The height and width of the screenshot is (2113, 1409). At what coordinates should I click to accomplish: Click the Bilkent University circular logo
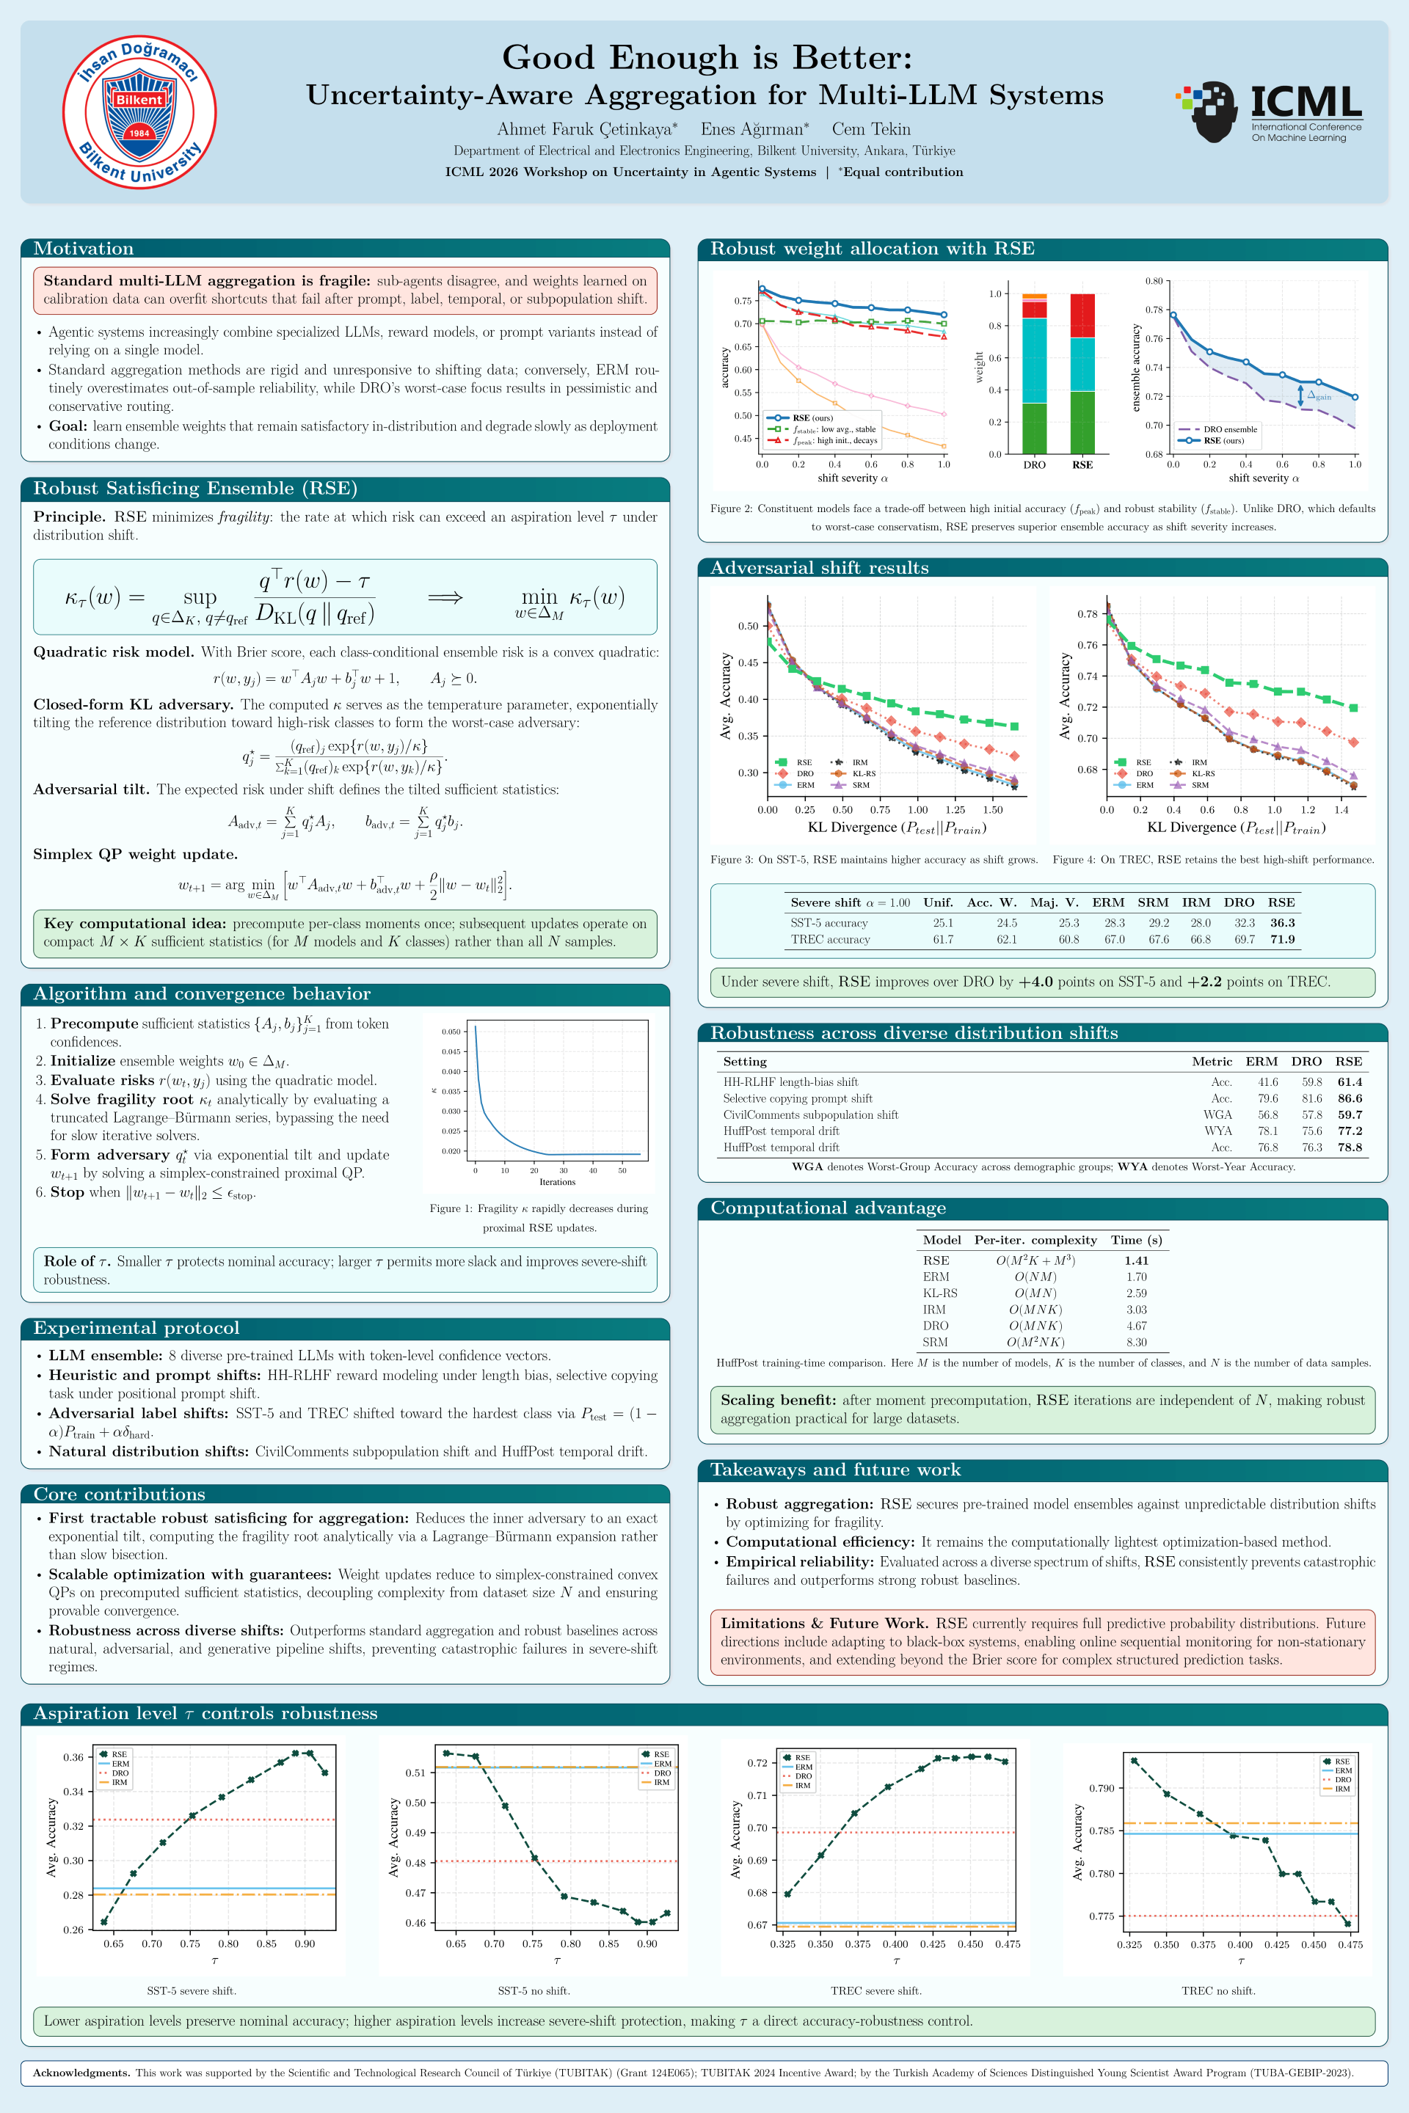click(139, 112)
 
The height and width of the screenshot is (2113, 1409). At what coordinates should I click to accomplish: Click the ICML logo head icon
click(1206, 112)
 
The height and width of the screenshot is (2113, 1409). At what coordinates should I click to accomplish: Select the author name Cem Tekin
click(871, 129)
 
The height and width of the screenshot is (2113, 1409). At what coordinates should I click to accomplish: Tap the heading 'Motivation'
click(84, 249)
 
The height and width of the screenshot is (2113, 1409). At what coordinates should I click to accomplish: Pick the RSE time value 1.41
click(1136, 1260)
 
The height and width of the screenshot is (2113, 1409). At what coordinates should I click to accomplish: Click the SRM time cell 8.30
click(1136, 1342)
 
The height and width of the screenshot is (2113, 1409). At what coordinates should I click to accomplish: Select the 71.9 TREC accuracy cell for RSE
click(1282, 940)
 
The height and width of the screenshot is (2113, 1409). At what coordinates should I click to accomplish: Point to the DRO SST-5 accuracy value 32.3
click(1244, 923)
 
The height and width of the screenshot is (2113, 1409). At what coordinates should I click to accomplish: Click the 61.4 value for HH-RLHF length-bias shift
click(1350, 1083)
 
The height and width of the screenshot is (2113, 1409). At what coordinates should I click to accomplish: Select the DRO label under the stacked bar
click(1034, 465)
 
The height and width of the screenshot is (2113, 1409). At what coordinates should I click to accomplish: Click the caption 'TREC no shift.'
click(1217, 1990)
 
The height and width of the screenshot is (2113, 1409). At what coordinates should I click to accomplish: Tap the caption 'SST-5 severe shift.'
click(192, 1990)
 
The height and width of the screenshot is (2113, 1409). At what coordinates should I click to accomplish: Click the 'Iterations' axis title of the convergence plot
click(557, 1182)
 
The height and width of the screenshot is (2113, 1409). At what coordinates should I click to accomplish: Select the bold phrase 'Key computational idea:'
click(136, 924)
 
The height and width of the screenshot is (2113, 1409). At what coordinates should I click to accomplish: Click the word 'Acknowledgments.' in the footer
click(81, 2073)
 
